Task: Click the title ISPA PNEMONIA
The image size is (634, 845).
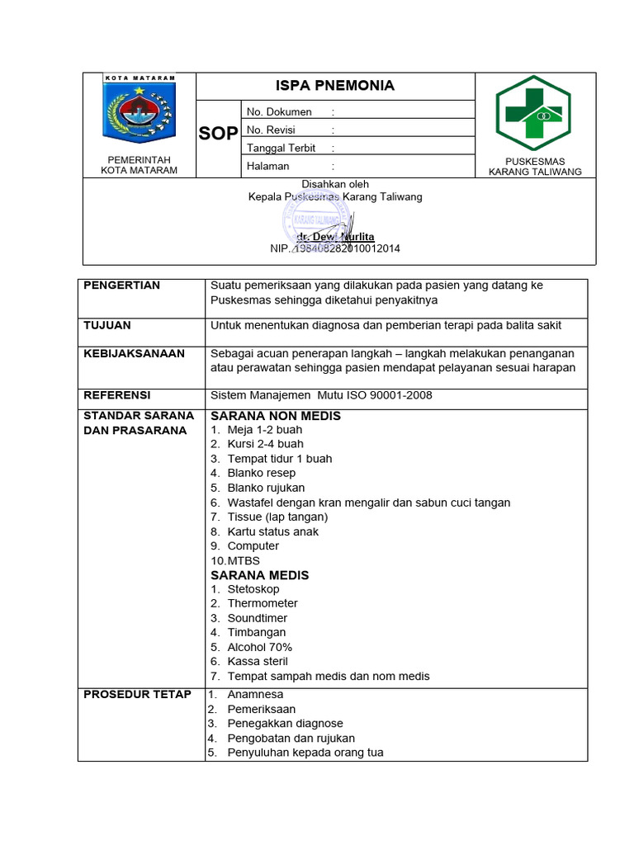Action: coord(334,86)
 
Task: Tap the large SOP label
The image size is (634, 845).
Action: coord(218,135)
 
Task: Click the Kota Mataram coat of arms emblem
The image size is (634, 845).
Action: coord(139,114)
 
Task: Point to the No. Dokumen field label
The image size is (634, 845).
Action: coord(279,111)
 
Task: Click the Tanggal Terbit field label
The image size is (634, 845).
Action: coord(281,148)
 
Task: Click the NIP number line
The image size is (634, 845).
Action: coord(334,248)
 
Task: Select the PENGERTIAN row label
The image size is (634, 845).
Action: coord(122,286)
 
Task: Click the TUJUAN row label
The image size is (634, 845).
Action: coord(107,325)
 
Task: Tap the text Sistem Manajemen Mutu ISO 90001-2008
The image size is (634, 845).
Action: coord(321,395)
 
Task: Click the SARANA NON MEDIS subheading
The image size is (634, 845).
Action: coord(276,416)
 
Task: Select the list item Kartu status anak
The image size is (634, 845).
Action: coord(272,531)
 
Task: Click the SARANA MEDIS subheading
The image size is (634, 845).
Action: coord(260,575)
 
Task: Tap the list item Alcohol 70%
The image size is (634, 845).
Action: coord(259,647)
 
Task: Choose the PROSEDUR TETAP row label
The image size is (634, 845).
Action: coord(137,694)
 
